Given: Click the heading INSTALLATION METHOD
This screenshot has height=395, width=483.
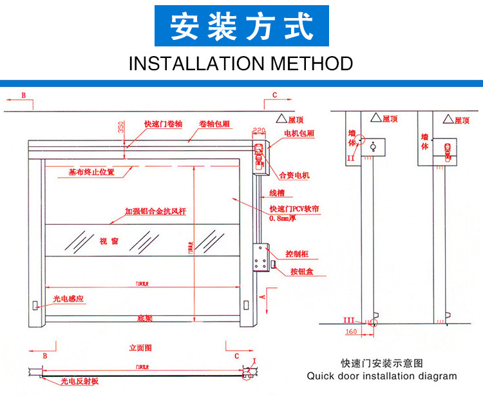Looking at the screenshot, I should (241, 64).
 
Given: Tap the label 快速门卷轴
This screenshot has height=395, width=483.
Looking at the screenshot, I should (163, 124).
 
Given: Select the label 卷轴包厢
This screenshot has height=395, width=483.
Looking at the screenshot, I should (215, 124).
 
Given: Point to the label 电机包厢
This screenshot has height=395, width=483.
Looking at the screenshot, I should (299, 133).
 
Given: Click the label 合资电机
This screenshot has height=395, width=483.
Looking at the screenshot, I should (295, 175).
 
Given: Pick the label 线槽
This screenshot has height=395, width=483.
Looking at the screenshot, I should (277, 193).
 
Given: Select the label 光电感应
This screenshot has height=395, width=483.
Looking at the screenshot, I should (69, 300).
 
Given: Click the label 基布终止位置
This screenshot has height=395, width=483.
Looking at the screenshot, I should (91, 172).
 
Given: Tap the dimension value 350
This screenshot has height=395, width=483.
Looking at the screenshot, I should (120, 127).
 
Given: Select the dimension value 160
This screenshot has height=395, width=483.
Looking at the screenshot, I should (350, 332).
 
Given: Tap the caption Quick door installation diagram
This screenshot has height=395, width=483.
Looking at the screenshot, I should (381, 376).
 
